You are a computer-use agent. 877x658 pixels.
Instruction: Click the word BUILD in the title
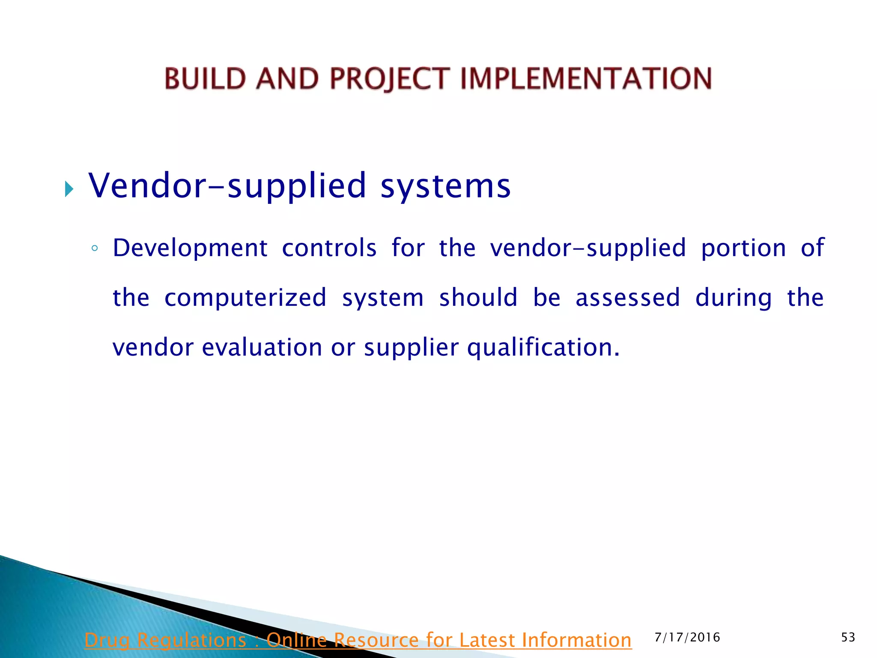[x=206, y=79]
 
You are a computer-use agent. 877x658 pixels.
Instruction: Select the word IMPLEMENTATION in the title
[x=586, y=79]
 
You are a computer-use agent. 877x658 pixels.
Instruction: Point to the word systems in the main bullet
[x=445, y=186]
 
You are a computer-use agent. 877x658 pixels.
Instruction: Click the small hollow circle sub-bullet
[x=95, y=248]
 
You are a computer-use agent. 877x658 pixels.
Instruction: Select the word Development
[x=190, y=248]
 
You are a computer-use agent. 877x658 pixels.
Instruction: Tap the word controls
[x=329, y=248]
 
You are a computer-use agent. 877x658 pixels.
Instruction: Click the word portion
[x=743, y=248]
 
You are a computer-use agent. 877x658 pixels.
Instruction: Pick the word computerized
[x=245, y=298]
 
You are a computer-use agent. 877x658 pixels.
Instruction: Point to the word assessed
[x=628, y=298]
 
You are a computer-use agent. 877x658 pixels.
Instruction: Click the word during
[x=734, y=298]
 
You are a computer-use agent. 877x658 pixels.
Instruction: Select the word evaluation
[x=262, y=347]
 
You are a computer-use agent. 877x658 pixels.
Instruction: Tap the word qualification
[x=543, y=347]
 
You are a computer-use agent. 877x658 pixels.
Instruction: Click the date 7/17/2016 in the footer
[x=687, y=637]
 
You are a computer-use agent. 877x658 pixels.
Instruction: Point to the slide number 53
[x=848, y=637]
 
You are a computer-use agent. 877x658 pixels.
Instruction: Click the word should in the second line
[x=478, y=298]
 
